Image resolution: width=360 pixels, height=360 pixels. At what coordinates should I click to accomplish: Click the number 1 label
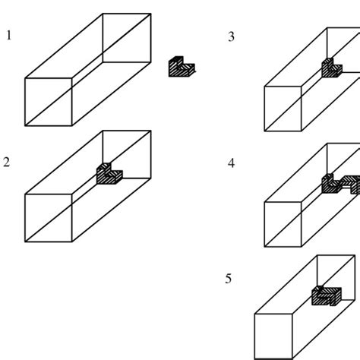tap(9, 35)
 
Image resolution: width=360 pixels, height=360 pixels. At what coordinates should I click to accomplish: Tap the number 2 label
tap(7, 163)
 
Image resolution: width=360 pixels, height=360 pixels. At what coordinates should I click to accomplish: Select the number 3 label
tap(231, 36)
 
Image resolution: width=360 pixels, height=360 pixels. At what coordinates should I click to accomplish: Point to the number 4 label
tap(231, 163)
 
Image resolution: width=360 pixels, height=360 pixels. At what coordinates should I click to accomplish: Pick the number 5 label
tap(228, 279)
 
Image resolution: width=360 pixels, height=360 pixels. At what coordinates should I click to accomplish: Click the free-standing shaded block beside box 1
tap(182, 68)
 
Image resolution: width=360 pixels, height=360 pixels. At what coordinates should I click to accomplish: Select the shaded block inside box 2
tap(109, 174)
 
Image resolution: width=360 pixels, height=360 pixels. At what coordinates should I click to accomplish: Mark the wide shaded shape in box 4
tap(340, 183)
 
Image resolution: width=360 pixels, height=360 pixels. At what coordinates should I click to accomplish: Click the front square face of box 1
tap(49, 100)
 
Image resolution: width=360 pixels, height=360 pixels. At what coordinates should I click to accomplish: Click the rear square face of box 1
tap(127, 38)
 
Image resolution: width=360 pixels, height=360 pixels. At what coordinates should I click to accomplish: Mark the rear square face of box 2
tap(127, 155)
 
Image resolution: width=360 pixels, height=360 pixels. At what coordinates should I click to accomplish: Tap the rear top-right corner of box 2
tap(150, 131)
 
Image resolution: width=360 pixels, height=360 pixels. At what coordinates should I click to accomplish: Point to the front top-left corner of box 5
tap(254, 314)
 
